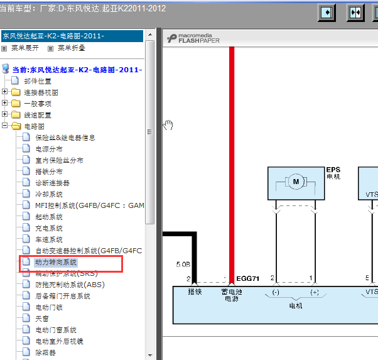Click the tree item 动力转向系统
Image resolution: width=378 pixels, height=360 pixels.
click(x=56, y=262)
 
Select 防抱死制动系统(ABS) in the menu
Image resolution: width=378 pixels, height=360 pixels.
click(x=69, y=285)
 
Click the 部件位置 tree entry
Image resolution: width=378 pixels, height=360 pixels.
click(x=38, y=81)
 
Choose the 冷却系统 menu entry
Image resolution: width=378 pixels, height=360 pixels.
click(x=48, y=194)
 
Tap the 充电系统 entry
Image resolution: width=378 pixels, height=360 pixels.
click(x=48, y=228)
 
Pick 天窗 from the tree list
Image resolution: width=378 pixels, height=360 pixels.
click(x=41, y=319)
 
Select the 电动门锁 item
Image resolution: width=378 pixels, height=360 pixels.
click(x=48, y=307)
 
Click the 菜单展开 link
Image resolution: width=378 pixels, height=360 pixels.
click(x=25, y=48)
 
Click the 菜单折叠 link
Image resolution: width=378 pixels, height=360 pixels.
click(x=71, y=48)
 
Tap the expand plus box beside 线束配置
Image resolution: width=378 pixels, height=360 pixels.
click(x=5, y=115)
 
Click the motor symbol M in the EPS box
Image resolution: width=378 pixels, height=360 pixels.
click(x=295, y=182)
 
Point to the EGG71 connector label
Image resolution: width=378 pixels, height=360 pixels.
click(x=248, y=278)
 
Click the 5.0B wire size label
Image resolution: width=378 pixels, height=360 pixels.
click(x=183, y=264)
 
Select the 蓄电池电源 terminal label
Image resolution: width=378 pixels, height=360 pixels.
click(x=232, y=295)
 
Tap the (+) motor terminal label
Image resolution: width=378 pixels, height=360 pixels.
click(x=314, y=292)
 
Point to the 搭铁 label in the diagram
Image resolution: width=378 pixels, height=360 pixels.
click(x=195, y=292)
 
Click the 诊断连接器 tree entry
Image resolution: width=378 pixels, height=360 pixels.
click(x=52, y=183)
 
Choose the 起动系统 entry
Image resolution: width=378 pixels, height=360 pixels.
click(x=48, y=217)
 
